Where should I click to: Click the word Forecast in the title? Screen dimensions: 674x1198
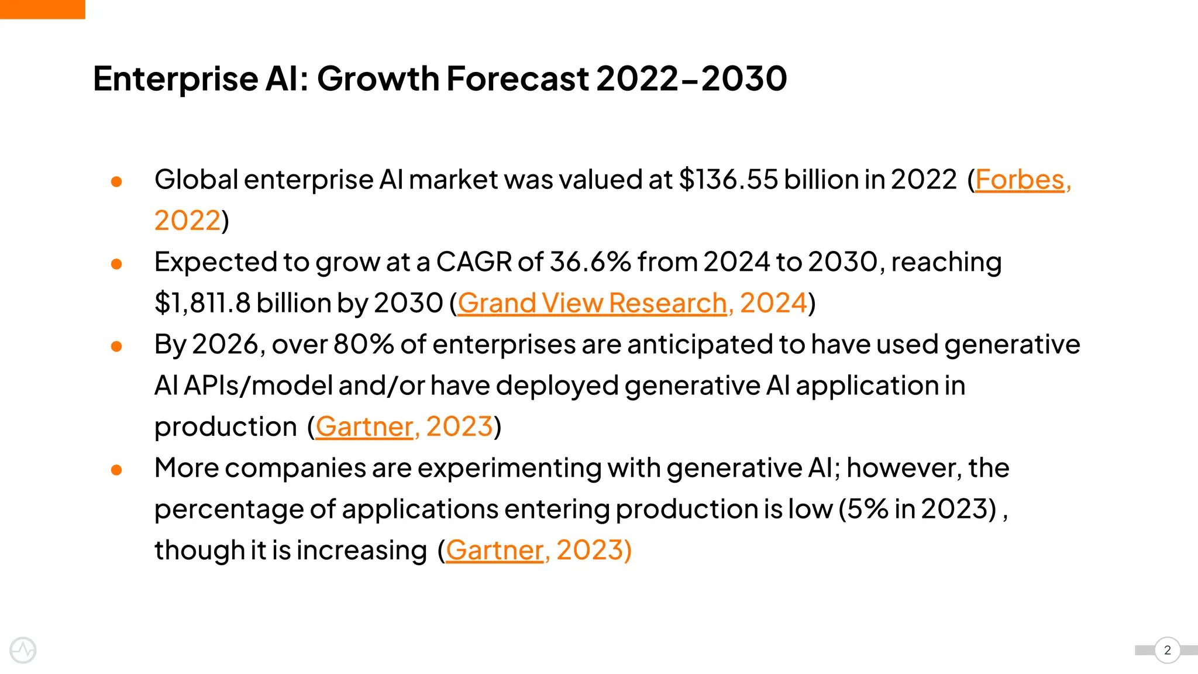(517, 78)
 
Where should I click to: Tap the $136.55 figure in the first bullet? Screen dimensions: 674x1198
(728, 180)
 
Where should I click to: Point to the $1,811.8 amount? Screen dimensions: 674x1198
(202, 303)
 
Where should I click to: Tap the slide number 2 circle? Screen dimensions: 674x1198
(1168, 650)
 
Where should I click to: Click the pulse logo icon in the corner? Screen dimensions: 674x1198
(23, 650)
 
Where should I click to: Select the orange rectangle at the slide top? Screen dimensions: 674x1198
(42, 9)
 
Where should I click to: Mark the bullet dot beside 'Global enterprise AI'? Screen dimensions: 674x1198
(116, 182)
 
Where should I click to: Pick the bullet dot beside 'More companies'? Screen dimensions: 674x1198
(116, 470)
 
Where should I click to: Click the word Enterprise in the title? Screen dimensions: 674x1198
(175, 78)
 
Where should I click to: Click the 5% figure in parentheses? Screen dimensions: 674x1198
(867, 509)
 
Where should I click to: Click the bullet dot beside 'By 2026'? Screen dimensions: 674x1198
(116, 346)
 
